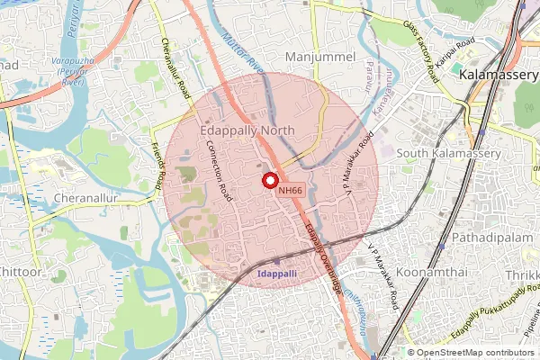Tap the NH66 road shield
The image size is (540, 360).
pyautogui.click(x=290, y=190)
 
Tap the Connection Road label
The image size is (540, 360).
pyautogui.click(x=220, y=168)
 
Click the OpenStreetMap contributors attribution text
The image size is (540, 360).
pyautogui.click(x=474, y=353)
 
